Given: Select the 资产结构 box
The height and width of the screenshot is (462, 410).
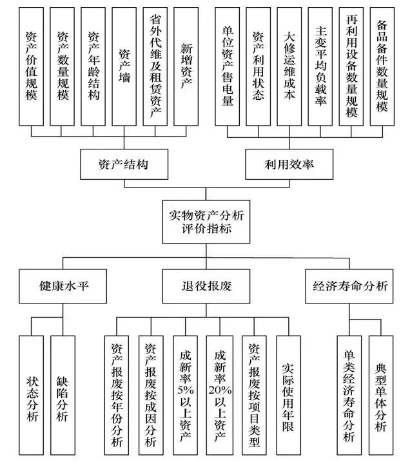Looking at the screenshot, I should pos(124,164).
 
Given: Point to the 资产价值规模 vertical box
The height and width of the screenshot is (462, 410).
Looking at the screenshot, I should pos(32,66).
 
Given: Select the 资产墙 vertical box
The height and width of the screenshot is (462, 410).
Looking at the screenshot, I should pos(124,66).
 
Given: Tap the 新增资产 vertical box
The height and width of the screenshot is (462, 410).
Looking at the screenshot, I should pos(186,66).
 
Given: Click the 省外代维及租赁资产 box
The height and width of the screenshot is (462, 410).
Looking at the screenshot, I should pos(155,66).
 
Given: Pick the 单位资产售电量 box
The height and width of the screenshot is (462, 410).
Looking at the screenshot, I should pos(227,66).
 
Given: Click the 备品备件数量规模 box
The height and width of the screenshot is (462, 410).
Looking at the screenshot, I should pos(382,66).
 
